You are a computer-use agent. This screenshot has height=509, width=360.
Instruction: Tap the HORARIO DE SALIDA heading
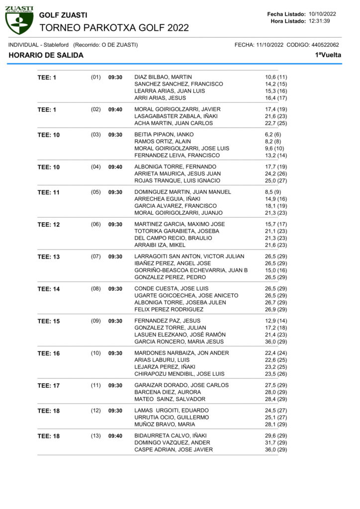tap(46, 55)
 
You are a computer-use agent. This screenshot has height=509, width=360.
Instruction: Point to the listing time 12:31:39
tap(323, 21)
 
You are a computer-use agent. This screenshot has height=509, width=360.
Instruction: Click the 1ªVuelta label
tap(328, 55)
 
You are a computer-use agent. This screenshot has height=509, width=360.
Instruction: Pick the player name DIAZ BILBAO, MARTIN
tap(163, 77)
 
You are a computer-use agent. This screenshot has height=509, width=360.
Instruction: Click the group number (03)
tap(96, 134)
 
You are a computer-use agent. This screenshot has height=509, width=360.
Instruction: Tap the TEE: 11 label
tap(49, 192)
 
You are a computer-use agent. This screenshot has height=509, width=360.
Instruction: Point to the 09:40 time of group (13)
tap(115, 435)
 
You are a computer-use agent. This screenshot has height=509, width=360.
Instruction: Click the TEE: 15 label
tap(49, 321)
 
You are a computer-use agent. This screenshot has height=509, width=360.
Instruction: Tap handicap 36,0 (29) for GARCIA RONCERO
tap(276, 341)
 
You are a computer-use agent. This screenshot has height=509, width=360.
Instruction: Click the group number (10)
tap(96, 353)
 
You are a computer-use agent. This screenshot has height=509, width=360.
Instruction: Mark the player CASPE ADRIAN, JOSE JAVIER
tap(174, 449)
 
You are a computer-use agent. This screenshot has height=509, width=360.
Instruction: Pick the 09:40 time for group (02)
tap(115, 109)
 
